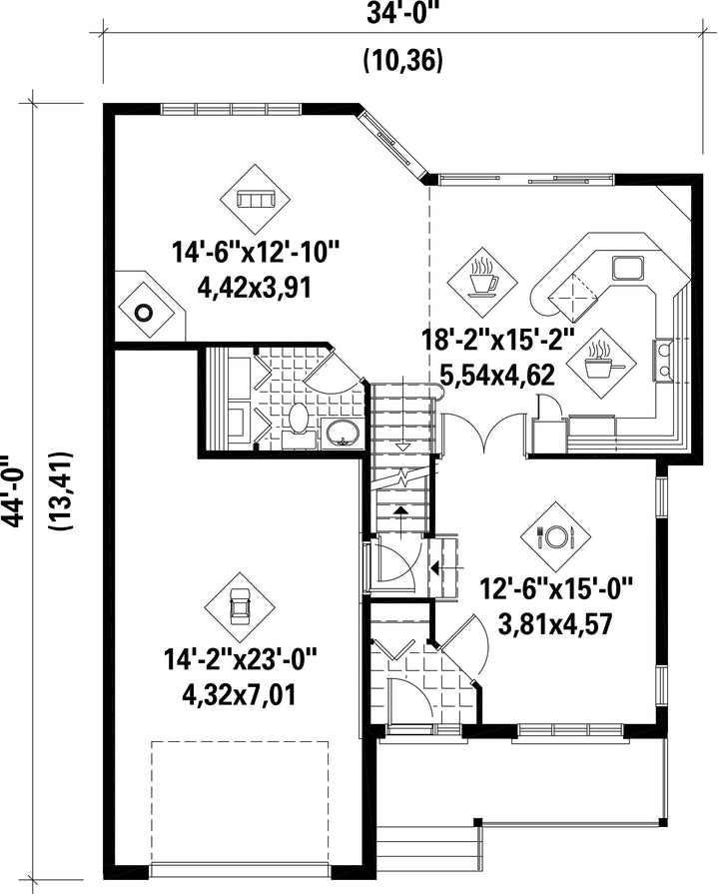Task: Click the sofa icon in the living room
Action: tap(256, 199)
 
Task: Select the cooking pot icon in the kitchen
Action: tap(600, 363)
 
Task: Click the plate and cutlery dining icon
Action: tap(554, 535)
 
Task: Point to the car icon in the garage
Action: tap(240, 607)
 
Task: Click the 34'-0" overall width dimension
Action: tap(402, 15)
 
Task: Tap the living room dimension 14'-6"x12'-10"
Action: tap(256, 252)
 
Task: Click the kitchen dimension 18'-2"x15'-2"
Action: tap(498, 342)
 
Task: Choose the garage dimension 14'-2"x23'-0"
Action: tap(240, 659)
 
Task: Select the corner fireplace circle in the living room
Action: tap(144, 313)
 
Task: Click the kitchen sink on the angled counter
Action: tap(628, 268)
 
